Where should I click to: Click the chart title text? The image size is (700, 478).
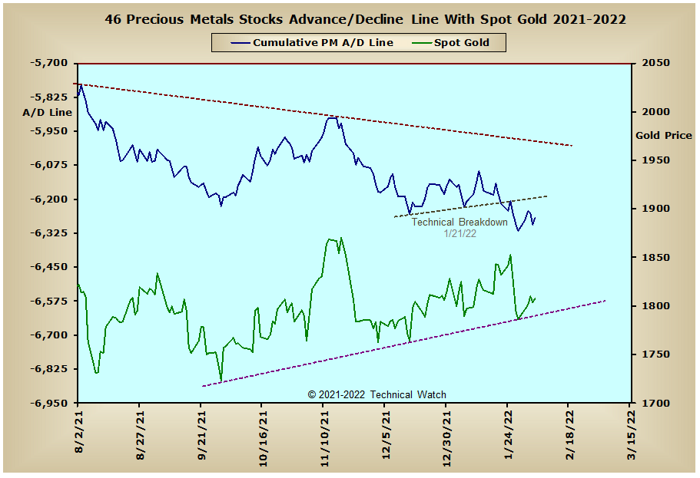(x=365, y=20)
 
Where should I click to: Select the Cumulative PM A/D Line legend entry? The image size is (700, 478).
(x=312, y=43)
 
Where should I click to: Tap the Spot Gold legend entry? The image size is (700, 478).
(x=450, y=43)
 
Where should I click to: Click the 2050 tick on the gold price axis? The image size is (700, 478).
(x=655, y=63)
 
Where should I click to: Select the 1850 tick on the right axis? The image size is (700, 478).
(x=655, y=257)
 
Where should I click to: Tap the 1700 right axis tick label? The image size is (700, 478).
(x=655, y=403)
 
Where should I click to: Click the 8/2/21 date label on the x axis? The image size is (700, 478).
(x=79, y=433)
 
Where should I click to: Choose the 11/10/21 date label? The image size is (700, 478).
(x=324, y=439)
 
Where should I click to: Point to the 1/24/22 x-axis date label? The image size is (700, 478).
(x=509, y=435)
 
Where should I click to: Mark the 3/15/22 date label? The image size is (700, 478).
(x=632, y=435)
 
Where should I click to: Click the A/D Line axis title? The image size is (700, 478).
(x=48, y=112)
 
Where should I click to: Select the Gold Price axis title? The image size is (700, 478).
(x=664, y=136)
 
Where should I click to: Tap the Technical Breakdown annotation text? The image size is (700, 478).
(x=459, y=222)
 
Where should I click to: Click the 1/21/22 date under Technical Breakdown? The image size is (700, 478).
(x=459, y=233)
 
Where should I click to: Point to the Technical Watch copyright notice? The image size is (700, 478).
(x=377, y=394)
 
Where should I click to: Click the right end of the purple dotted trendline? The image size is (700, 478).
(x=605, y=301)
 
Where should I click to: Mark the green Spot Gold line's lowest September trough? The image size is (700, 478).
(x=221, y=381)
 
